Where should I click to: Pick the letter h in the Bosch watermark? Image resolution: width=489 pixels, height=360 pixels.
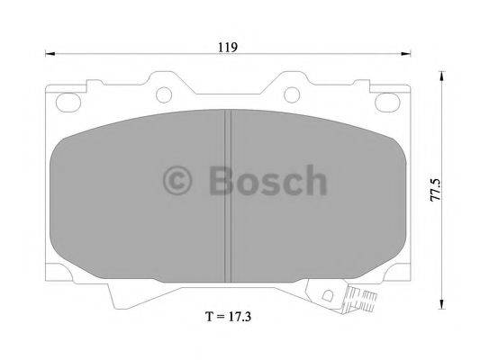tap(312, 182)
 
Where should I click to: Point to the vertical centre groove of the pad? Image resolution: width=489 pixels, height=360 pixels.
tap(228, 189)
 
